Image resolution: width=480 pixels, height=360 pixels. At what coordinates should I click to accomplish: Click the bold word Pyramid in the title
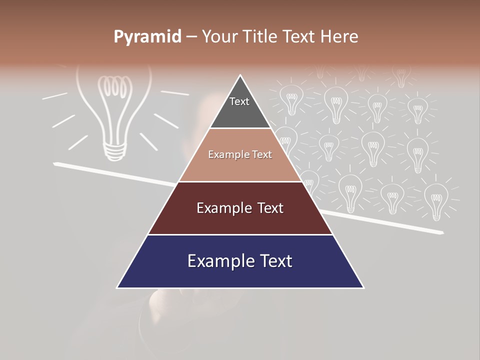click(x=147, y=37)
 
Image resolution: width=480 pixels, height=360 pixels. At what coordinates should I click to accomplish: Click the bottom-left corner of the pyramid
click(x=117, y=287)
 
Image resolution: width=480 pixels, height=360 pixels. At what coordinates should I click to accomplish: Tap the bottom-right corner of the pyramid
click(x=363, y=287)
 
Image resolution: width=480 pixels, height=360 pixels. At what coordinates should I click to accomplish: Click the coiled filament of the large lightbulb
click(x=112, y=87)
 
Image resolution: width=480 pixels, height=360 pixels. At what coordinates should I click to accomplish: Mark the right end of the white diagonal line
click(x=442, y=232)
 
